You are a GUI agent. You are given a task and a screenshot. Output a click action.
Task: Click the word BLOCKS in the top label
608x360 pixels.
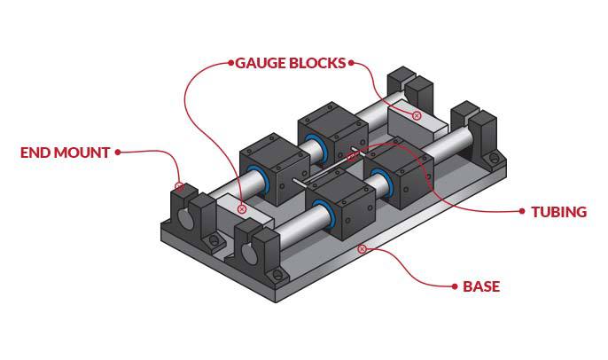(x=318, y=64)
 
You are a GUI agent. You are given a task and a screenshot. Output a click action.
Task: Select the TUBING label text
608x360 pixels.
(x=558, y=212)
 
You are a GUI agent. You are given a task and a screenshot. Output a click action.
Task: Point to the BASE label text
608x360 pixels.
(x=481, y=286)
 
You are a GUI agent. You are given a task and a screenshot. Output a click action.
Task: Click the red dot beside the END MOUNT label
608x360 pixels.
(x=118, y=152)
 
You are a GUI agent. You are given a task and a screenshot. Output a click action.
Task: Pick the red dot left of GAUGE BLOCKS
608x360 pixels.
(x=230, y=63)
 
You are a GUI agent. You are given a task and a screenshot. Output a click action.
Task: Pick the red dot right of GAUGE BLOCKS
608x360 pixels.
(x=353, y=63)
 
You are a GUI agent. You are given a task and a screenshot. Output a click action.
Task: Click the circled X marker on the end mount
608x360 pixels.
(x=179, y=187)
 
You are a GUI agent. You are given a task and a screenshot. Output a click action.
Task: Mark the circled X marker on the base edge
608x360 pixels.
(x=362, y=249)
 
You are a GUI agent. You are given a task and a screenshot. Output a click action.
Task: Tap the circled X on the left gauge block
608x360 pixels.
(x=242, y=209)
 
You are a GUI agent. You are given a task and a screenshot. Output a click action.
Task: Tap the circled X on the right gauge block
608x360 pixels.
(x=417, y=116)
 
